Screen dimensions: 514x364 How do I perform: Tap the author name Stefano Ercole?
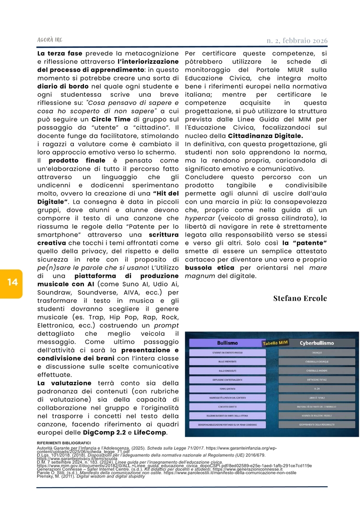[x=300, y=298]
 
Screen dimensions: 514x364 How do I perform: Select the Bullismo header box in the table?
[x=227, y=343]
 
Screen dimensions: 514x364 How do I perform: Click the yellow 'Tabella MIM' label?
[x=274, y=343]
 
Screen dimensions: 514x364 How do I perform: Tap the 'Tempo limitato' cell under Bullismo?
[x=227, y=388]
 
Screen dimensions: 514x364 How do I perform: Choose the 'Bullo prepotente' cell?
[x=227, y=361]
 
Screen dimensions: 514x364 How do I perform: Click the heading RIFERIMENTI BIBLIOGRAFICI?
[x=64, y=443]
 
